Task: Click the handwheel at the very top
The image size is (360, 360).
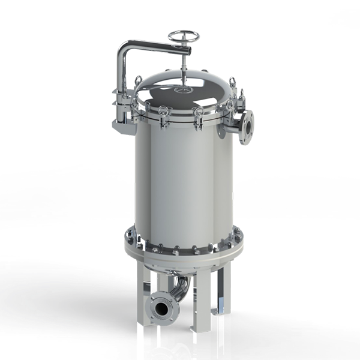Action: (x=183, y=37)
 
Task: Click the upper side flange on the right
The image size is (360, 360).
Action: (x=246, y=127)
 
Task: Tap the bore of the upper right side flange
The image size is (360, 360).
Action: (x=247, y=127)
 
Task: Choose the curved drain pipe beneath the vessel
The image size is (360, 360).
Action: (x=180, y=291)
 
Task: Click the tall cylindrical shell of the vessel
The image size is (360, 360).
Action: (x=180, y=180)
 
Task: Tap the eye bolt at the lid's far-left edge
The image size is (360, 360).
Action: (x=138, y=81)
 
